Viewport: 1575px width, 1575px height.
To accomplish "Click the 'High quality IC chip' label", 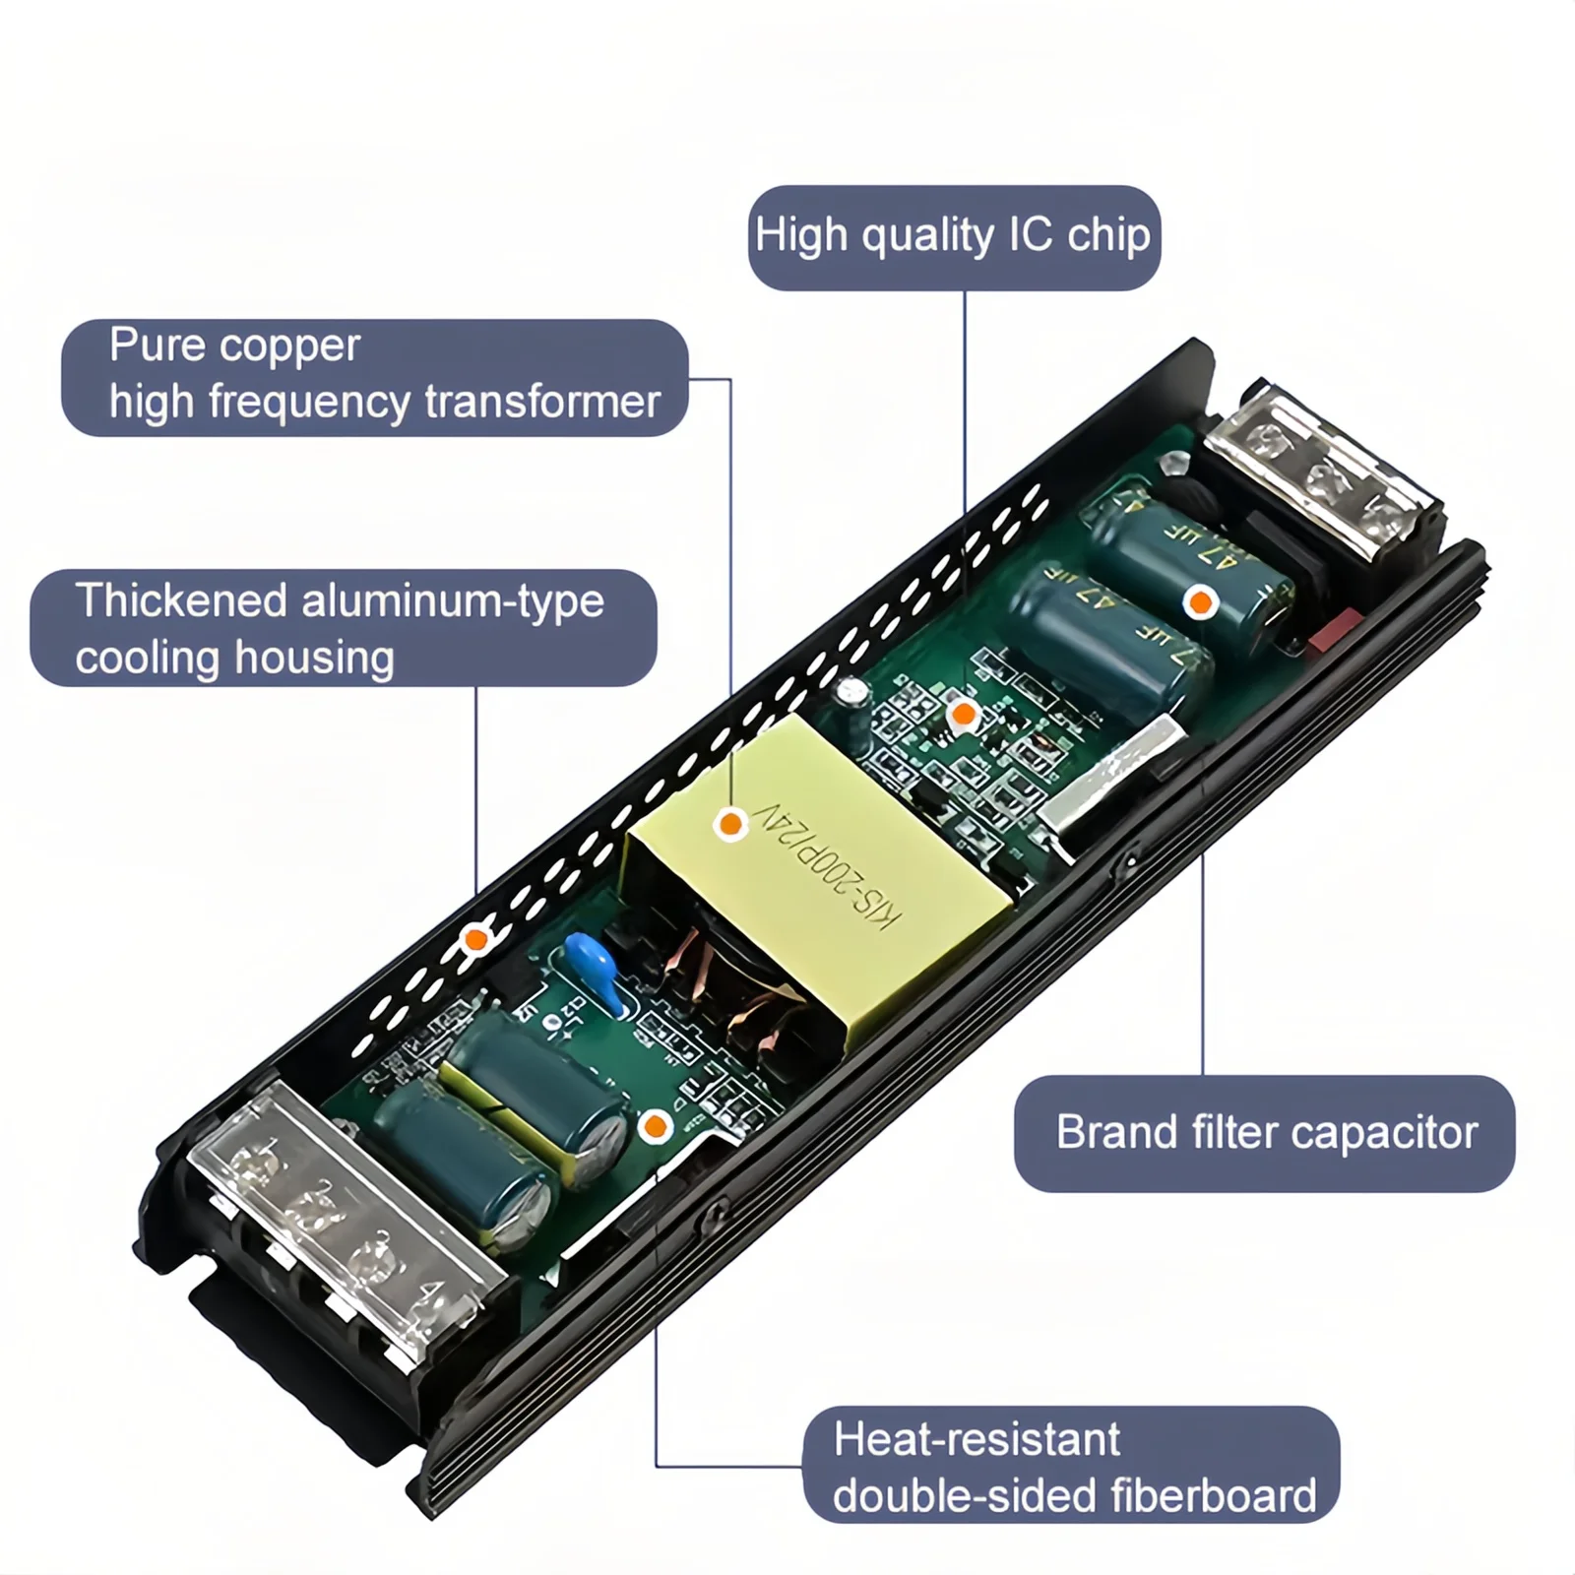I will tap(953, 237).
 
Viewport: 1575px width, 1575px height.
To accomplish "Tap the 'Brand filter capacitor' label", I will tap(1265, 1133).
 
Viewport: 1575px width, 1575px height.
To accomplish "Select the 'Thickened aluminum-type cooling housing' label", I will tap(343, 628).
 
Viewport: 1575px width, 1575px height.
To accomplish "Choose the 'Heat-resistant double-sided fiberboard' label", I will tap(1072, 1467).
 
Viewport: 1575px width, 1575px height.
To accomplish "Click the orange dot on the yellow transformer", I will tap(730, 823).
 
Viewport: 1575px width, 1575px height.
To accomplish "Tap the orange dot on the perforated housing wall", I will tap(475, 938).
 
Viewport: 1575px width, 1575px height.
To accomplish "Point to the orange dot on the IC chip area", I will tap(963, 715).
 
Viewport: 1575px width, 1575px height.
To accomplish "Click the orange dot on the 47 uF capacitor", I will tap(1200, 601).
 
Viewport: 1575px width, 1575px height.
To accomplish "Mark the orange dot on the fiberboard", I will tap(655, 1126).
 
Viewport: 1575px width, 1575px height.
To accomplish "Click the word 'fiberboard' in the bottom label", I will tap(1212, 1496).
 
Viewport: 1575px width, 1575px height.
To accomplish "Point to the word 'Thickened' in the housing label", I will tap(181, 599).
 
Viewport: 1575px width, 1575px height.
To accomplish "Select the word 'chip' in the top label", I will tap(1108, 237).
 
